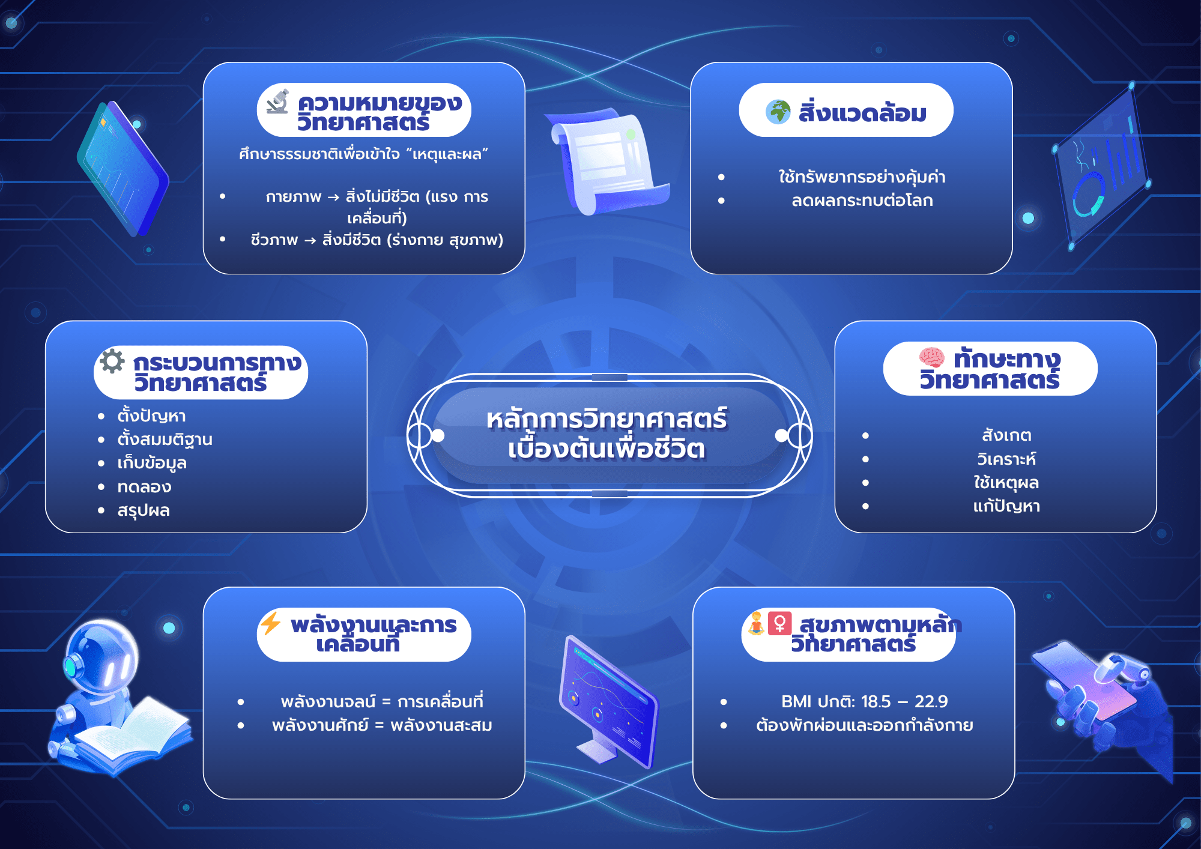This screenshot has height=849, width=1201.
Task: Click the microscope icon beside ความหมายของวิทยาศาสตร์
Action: [x=278, y=101]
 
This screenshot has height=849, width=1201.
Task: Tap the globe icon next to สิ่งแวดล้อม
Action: [x=778, y=112]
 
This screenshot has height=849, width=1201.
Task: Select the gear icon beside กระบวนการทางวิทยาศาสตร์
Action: [x=112, y=361]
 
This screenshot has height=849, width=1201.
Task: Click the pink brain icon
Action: [x=931, y=357]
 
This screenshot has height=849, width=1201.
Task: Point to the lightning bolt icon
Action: [x=270, y=623]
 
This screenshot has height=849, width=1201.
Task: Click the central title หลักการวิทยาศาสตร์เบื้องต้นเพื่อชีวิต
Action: [x=607, y=434]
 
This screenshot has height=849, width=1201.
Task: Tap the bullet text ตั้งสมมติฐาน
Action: [x=165, y=440]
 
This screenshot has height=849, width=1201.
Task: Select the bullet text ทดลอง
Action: [x=144, y=487]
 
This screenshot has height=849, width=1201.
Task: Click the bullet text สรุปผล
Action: [x=144, y=510]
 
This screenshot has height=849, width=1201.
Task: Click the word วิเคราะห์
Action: [x=1006, y=459]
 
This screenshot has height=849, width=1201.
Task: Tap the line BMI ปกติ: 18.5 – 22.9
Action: [x=865, y=701]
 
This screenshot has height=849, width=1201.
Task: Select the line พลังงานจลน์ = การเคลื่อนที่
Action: [x=382, y=701]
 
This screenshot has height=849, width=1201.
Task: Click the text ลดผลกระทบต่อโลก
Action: [x=862, y=201]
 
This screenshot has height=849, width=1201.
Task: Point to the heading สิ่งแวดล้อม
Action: [x=862, y=112]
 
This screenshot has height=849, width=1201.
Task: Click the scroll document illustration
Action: [x=608, y=161]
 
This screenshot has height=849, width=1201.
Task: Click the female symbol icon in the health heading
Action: [x=779, y=623]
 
